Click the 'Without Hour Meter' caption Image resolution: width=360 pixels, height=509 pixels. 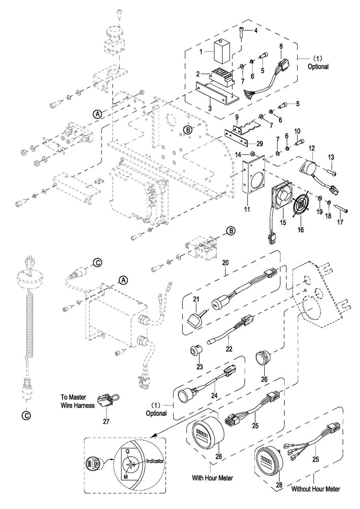(315, 489)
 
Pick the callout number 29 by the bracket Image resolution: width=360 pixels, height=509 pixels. (260, 143)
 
